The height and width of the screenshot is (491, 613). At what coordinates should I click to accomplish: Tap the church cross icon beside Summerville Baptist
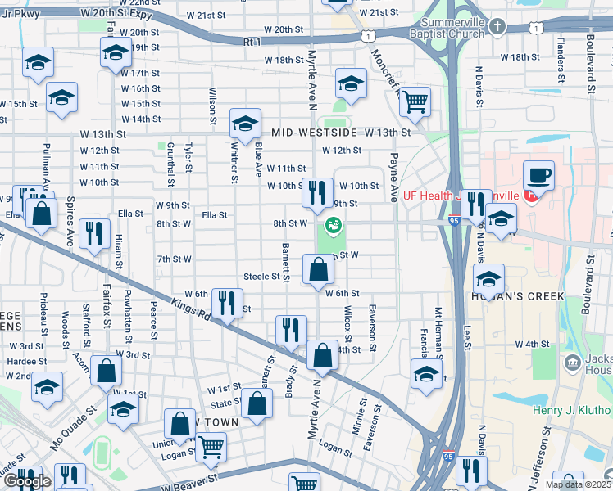click(497, 28)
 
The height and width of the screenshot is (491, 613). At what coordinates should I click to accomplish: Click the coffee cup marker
click(538, 175)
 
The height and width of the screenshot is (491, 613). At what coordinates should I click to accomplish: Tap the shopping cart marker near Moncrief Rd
click(416, 101)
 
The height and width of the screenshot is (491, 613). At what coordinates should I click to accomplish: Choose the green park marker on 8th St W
click(334, 223)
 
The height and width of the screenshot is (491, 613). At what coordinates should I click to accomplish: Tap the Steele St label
click(262, 277)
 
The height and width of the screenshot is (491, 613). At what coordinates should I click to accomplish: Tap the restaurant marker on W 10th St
click(317, 193)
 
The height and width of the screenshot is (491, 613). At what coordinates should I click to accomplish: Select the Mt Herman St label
click(438, 331)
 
